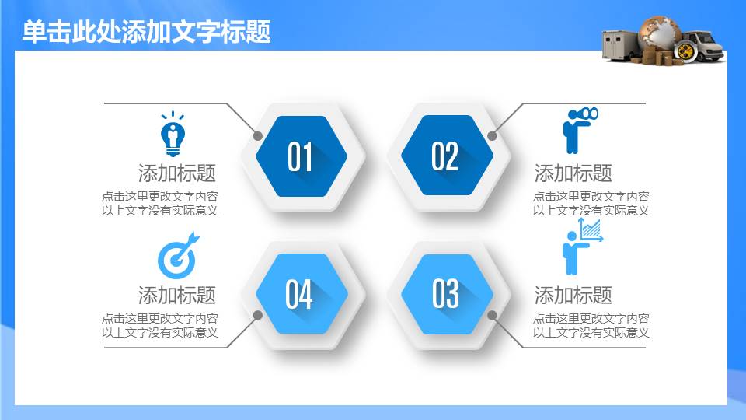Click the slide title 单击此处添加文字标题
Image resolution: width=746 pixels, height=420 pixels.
(147, 32)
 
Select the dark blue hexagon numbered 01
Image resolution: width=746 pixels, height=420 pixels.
(302, 156)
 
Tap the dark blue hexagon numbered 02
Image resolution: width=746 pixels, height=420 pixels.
(448, 156)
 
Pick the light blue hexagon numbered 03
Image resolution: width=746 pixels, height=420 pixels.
(448, 294)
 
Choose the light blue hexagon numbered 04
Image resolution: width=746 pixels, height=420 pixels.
(302, 293)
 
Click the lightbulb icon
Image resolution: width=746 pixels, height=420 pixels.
(173, 134)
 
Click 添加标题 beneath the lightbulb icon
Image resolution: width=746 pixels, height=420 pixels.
(177, 173)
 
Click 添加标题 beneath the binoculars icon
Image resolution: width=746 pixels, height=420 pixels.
(573, 173)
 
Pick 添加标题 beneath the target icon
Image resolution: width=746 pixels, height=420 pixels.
(177, 296)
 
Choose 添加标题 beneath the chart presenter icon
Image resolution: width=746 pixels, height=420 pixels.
(573, 296)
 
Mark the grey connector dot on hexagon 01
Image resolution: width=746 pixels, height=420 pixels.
(258, 135)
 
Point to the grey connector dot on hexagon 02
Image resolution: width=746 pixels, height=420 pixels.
(493, 135)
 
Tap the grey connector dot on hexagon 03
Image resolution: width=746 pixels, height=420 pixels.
(493, 315)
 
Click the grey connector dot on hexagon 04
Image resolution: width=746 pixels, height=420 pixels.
(258, 315)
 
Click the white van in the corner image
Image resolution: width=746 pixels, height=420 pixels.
(704, 45)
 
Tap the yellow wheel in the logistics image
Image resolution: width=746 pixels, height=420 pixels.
(685, 51)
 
